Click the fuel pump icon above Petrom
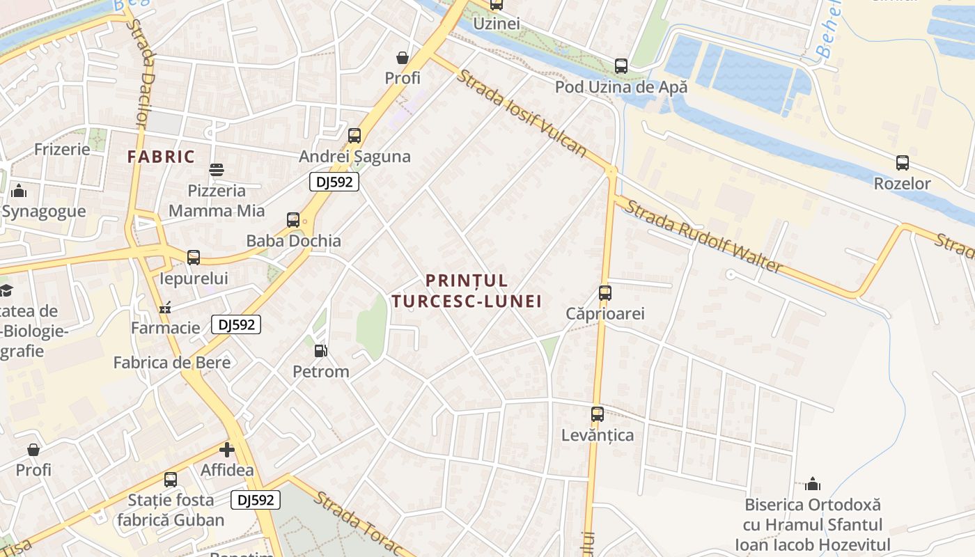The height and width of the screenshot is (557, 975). point(320,351)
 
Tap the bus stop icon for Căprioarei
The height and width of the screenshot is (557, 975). point(604,293)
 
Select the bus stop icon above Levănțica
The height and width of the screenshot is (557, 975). point(597,414)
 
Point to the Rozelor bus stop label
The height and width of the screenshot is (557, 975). point(902,184)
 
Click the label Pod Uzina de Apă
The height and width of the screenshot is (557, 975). point(621,87)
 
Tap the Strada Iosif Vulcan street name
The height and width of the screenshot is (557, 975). point(521,112)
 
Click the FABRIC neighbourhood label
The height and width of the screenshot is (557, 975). point(161,157)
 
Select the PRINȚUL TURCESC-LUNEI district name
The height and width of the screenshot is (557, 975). point(467,290)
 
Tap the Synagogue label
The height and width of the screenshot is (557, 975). point(44,212)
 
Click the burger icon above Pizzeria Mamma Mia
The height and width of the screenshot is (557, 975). point(217,170)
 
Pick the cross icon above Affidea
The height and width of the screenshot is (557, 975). point(226,450)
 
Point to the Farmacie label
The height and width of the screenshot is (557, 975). point(166,327)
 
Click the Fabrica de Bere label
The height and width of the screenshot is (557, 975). point(172,362)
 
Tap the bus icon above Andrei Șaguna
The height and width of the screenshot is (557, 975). point(354,136)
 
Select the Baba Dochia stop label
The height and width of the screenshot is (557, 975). point(293,241)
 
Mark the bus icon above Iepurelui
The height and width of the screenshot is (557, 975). point(194,258)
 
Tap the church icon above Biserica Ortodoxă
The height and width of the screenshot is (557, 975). point(812,484)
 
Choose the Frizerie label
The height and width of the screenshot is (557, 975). point(62,149)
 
